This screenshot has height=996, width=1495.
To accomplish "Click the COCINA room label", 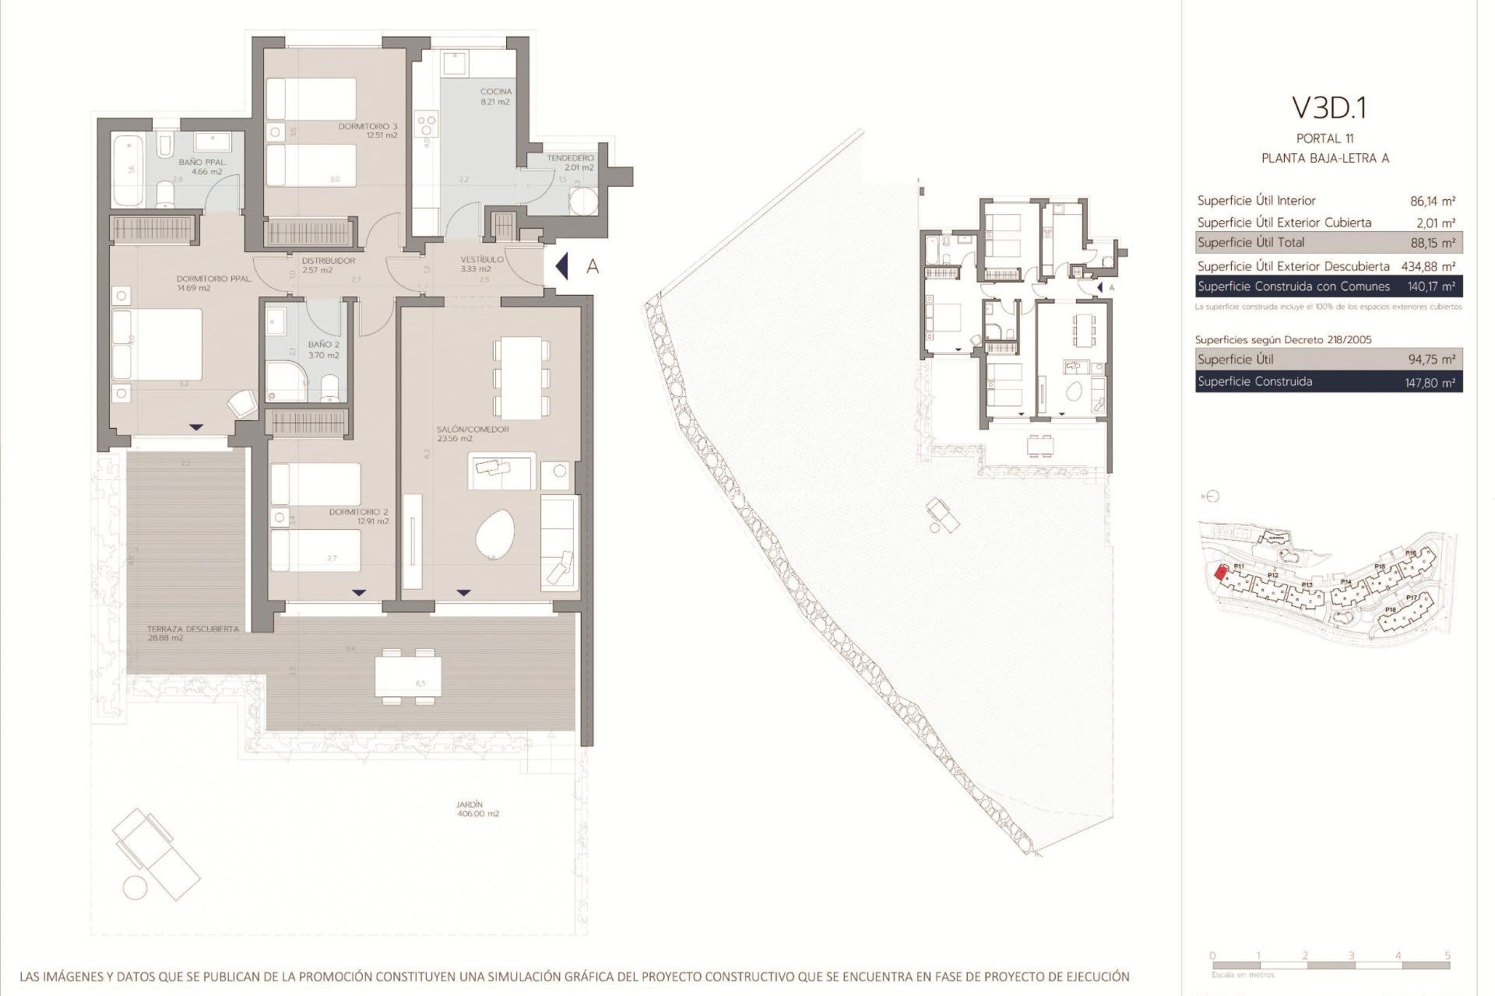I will [x=495, y=93].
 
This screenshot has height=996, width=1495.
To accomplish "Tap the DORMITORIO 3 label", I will [x=368, y=127].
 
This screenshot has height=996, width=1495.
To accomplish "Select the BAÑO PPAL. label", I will [x=202, y=163].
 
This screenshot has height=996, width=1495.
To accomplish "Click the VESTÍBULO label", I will [x=482, y=260].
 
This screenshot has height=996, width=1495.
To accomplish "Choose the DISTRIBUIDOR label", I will [x=328, y=261].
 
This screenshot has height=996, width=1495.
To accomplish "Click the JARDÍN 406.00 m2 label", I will [x=470, y=805].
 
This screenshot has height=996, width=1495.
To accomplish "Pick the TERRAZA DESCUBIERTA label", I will [x=193, y=629].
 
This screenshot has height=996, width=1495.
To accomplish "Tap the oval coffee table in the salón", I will [x=495, y=536].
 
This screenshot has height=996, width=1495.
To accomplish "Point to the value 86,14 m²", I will [x=1432, y=201].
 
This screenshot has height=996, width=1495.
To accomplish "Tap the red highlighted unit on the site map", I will [x=1220, y=573].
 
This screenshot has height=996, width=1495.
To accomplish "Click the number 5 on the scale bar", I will [x=1447, y=956].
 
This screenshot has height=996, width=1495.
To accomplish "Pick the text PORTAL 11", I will [x=1324, y=139].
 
